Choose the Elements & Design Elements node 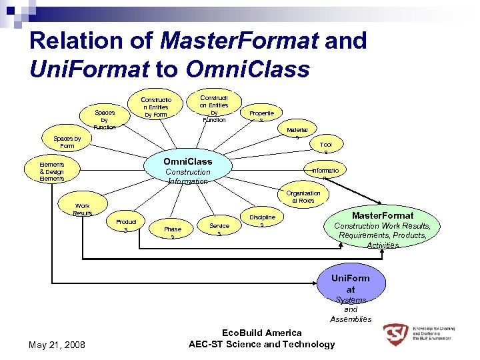[x=52, y=171]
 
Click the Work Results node [x=83, y=209]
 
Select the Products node [x=126, y=225]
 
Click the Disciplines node [x=262, y=221]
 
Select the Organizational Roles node [x=303, y=197]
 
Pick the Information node [x=324, y=173]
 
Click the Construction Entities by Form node [x=156, y=107]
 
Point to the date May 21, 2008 [x=56, y=345]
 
